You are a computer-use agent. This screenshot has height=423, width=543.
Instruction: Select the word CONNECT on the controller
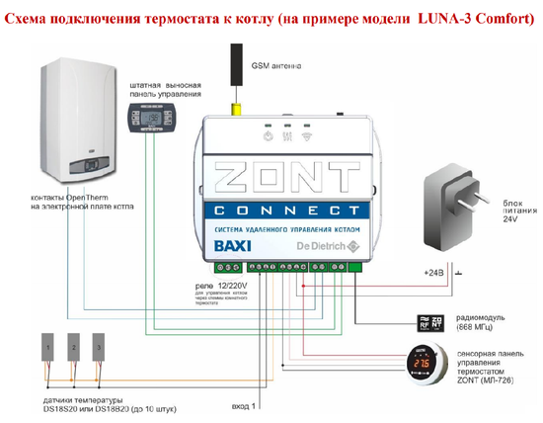pos(285,211)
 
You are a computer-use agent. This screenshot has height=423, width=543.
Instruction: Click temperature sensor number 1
pos(48,348)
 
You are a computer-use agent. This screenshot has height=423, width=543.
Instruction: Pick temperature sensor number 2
pos(73,348)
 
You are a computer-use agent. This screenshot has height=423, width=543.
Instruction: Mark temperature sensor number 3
pos(98,348)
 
